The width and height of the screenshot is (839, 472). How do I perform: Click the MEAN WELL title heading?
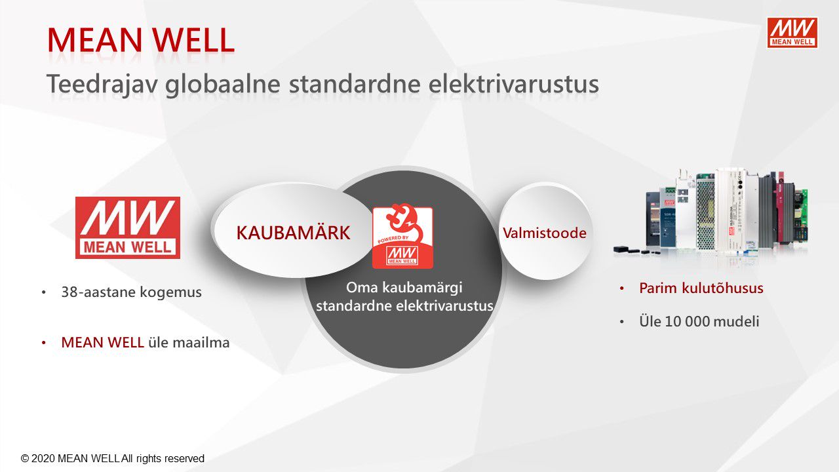(x=141, y=40)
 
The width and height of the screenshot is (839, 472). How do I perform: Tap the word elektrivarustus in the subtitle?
(x=513, y=84)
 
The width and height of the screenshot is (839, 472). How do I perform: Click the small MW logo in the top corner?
(x=792, y=33)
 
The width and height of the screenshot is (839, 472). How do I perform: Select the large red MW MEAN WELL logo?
(x=128, y=227)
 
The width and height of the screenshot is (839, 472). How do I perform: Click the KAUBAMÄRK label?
(x=293, y=233)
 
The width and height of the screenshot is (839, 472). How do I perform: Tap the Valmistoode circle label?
(x=545, y=233)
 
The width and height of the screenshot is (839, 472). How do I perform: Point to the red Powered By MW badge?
(x=402, y=237)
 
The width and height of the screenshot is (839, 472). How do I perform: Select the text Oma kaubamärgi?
(x=404, y=288)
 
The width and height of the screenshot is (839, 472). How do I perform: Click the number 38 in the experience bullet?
(x=69, y=292)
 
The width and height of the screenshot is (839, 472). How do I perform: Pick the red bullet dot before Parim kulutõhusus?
(x=622, y=288)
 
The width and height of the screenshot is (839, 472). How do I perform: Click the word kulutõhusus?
(x=722, y=288)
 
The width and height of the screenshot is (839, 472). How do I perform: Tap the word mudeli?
(x=736, y=321)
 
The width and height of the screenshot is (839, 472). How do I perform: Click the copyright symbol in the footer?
(x=25, y=458)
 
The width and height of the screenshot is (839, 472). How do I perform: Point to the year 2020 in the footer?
(x=43, y=458)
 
